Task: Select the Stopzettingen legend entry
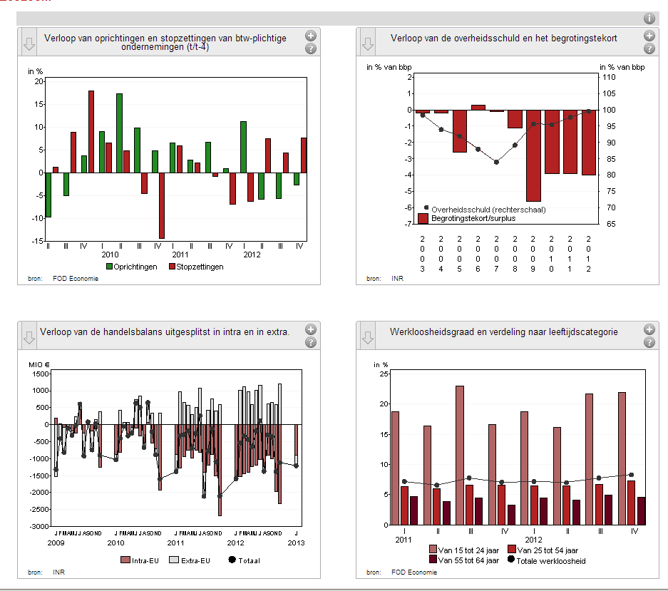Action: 195,267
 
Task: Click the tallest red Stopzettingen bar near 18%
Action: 91,131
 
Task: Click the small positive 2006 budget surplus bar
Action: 478,108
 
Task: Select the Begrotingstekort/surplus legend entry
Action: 467,218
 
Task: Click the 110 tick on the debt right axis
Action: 609,77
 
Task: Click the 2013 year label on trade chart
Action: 296,543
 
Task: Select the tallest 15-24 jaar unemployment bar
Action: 460,455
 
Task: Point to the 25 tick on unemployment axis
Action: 384,374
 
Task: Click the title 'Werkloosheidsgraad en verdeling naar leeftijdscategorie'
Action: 504,332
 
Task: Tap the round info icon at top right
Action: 649,19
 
